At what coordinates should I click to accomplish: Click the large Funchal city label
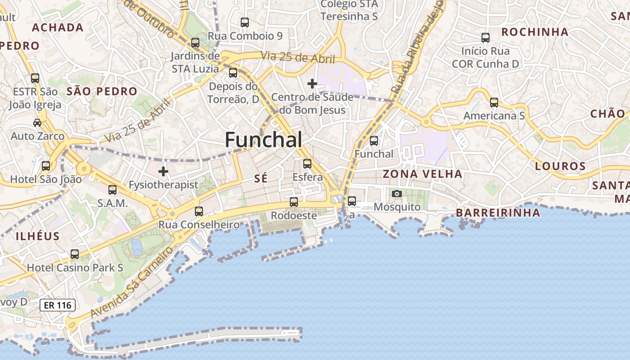click(263, 140)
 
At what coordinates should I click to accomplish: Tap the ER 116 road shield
click(58, 305)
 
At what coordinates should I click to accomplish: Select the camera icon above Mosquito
click(396, 193)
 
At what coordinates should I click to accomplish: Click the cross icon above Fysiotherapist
click(163, 171)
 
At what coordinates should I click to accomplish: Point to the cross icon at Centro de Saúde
click(312, 84)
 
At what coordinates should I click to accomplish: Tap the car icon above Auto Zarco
click(37, 122)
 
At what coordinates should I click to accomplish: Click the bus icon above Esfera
click(307, 164)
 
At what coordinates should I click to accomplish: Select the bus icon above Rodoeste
click(294, 202)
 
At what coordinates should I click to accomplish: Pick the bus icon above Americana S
click(494, 103)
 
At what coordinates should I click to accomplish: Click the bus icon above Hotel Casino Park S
click(75, 254)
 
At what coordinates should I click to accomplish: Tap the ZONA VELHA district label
click(422, 174)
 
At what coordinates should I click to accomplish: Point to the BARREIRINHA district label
click(498, 213)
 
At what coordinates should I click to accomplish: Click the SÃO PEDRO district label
click(102, 91)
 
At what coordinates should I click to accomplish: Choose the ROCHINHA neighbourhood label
click(535, 32)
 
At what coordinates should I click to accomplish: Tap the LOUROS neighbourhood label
click(560, 166)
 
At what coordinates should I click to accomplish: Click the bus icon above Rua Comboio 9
click(245, 22)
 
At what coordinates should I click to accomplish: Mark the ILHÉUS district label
click(38, 236)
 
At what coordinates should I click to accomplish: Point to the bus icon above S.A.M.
click(112, 190)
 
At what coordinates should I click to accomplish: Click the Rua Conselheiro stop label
click(199, 224)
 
